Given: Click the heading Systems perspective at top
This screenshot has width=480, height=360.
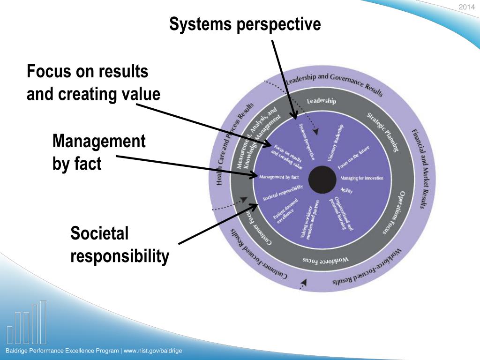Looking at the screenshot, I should point(245,24).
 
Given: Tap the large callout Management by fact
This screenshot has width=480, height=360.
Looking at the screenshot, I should point(99,152).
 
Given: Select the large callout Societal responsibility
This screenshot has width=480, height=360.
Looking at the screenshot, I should point(120,245).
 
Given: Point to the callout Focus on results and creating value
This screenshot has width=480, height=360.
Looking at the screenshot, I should point(93,83).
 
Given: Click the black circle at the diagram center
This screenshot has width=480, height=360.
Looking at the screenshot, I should point(322,179).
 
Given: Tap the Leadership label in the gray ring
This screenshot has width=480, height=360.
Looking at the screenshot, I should point(321,101).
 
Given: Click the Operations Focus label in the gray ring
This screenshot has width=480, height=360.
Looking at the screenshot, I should point(391,213).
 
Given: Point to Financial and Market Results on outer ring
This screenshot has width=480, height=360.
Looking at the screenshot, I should point(420,169).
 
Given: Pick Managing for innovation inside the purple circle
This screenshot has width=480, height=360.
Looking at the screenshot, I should point(361,178).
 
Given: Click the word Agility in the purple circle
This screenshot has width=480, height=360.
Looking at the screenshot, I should point(346,191).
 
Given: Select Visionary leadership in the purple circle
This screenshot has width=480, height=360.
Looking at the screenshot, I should point(336,142).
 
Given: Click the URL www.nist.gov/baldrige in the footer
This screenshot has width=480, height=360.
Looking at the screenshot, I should point(153,351).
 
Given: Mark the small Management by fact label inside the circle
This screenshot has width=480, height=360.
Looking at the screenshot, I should point(279,177).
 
